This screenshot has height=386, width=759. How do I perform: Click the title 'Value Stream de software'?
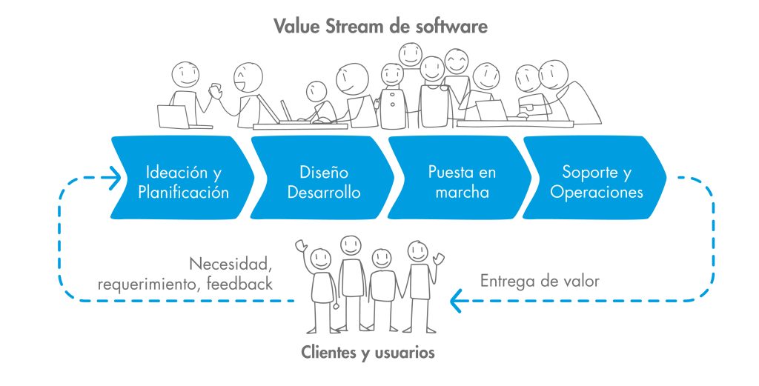tap(380, 27)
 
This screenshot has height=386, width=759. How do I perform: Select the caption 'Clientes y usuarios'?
tap(368, 353)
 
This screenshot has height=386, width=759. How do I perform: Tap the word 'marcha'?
tap(458, 193)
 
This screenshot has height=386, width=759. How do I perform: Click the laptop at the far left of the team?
tap(173, 116)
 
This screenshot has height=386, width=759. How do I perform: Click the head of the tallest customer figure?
tap(350, 244)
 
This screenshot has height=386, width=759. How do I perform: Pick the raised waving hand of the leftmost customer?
tap(300, 244)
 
